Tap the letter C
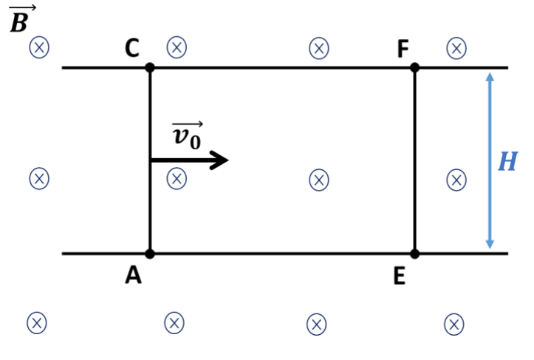pos(132,48)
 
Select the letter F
pos(403,49)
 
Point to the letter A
pos(133,275)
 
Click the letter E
pos(400,276)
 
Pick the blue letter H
pos(507,161)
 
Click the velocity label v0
pos(187,135)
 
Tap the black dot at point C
pos(150,67)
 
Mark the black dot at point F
pos(415,67)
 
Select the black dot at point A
pos(150,254)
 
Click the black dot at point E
pos(415,254)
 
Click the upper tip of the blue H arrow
pos(490,73)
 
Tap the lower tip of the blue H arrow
pos(490,248)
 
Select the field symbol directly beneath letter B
pos(39,47)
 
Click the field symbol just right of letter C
pos(177,47)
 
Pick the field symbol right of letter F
pos(456,48)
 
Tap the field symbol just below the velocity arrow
pos(177,178)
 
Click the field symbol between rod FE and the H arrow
pos(456,180)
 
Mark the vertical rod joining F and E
pos(415,160)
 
